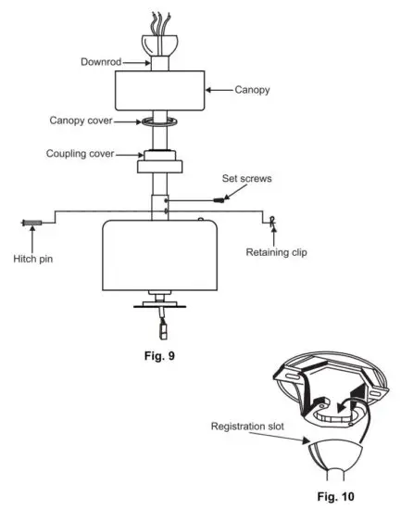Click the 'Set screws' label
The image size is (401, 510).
(246, 179)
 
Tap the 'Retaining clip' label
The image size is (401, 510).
(277, 251)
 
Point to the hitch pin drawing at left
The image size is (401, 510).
(30, 223)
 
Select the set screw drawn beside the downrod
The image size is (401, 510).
(219, 198)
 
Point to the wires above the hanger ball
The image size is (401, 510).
(157, 19)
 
